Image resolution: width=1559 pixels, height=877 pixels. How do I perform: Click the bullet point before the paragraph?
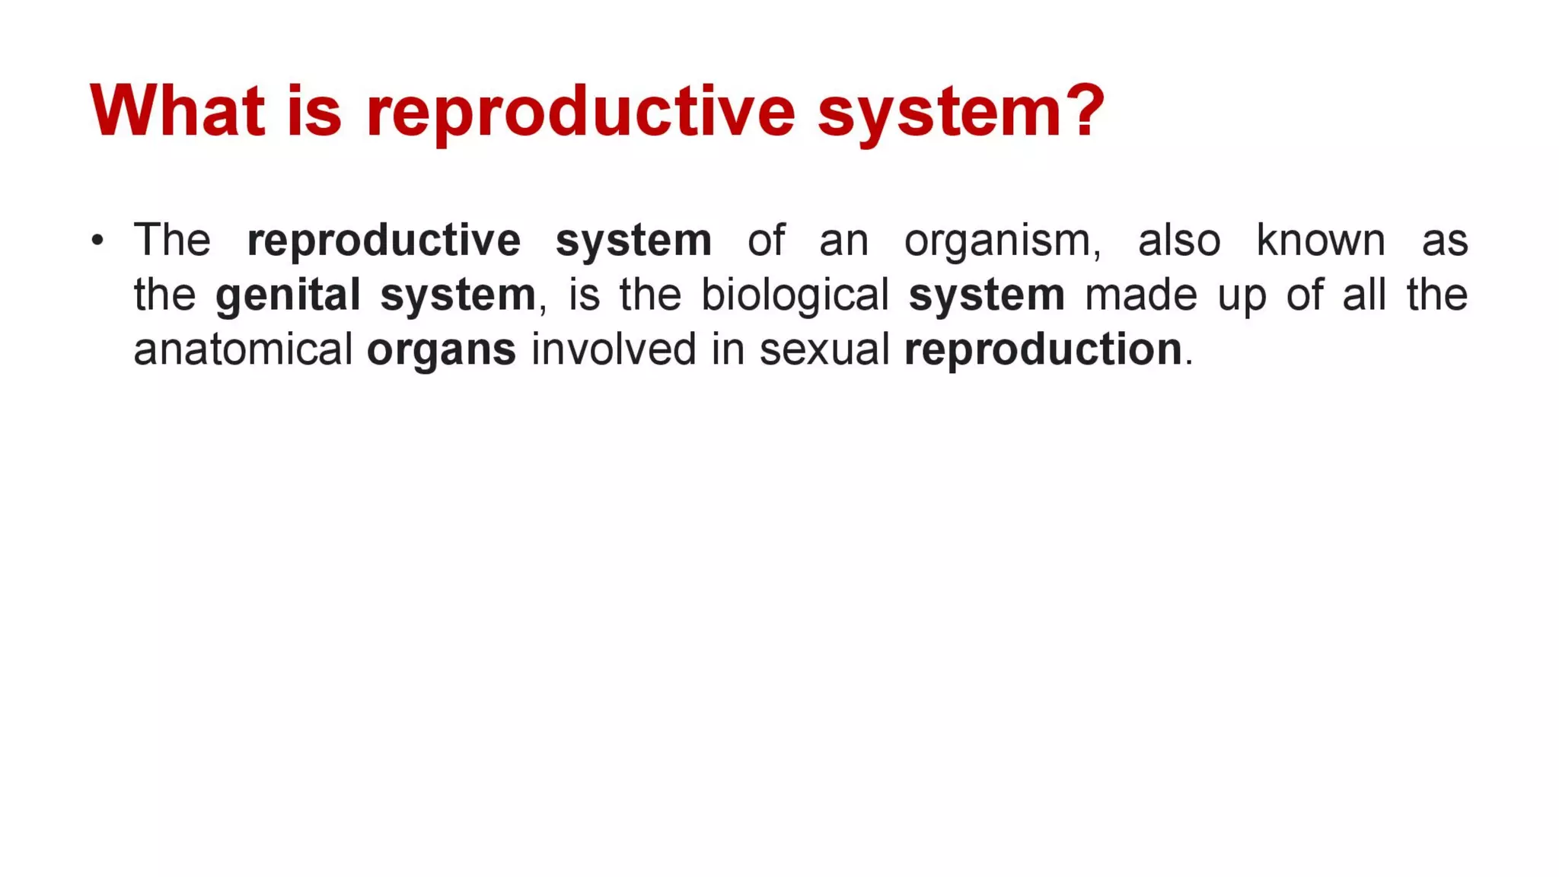(x=97, y=241)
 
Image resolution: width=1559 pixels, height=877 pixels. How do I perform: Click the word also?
(x=1178, y=241)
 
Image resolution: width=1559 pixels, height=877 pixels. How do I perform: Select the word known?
(x=1320, y=241)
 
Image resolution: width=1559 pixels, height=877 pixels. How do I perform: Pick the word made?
(x=1140, y=295)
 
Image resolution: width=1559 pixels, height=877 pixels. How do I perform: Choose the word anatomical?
(x=243, y=349)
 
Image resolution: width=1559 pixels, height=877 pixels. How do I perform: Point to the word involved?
(x=614, y=349)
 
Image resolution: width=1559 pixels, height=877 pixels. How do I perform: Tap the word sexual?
(x=824, y=349)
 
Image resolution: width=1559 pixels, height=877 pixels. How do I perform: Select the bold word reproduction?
(x=1043, y=351)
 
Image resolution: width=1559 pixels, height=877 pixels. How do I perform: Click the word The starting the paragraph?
(x=172, y=241)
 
